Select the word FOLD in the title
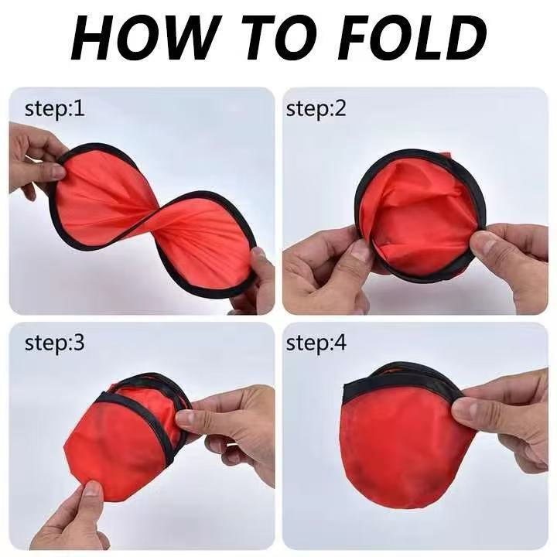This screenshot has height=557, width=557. (x=412, y=38)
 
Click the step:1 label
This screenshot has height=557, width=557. (x=55, y=108)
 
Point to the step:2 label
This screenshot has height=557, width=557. (x=316, y=108)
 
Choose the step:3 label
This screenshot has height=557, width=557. (x=55, y=343)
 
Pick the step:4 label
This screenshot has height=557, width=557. (x=316, y=343)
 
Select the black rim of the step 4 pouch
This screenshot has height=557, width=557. (x=398, y=384)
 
